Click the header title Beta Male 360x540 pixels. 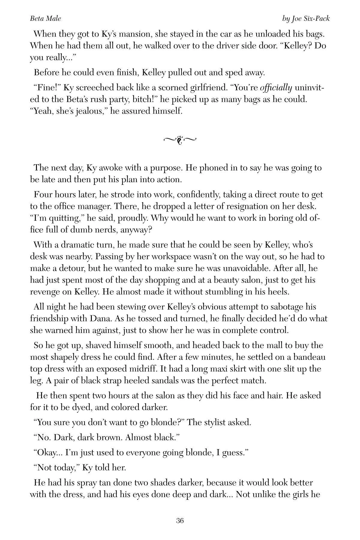(46, 19)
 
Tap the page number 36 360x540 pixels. (180, 520)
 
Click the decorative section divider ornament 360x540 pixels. (180, 139)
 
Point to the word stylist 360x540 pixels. (214, 422)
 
